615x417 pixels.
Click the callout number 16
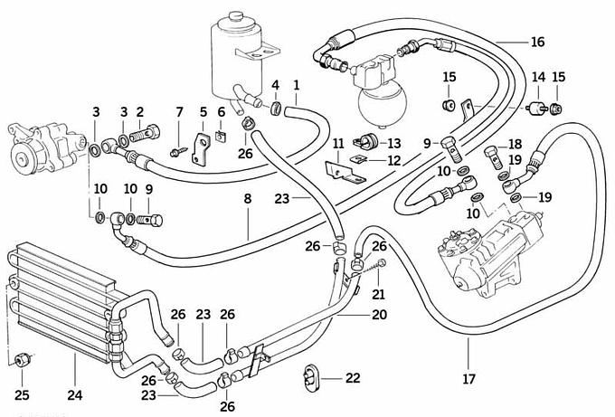(x=538, y=43)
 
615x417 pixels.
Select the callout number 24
(x=75, y=394)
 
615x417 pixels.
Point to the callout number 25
(x=23, y=394)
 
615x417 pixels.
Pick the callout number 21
(x=379, y=293)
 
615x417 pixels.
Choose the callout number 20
(x=379, y=315)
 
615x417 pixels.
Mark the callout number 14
(x=537, y=78)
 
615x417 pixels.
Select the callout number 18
(x=515, y=145)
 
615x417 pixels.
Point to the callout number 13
(x=393, y=143)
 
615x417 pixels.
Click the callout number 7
(x=179, y=112)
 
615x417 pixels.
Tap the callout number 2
(x=140, y=112)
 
